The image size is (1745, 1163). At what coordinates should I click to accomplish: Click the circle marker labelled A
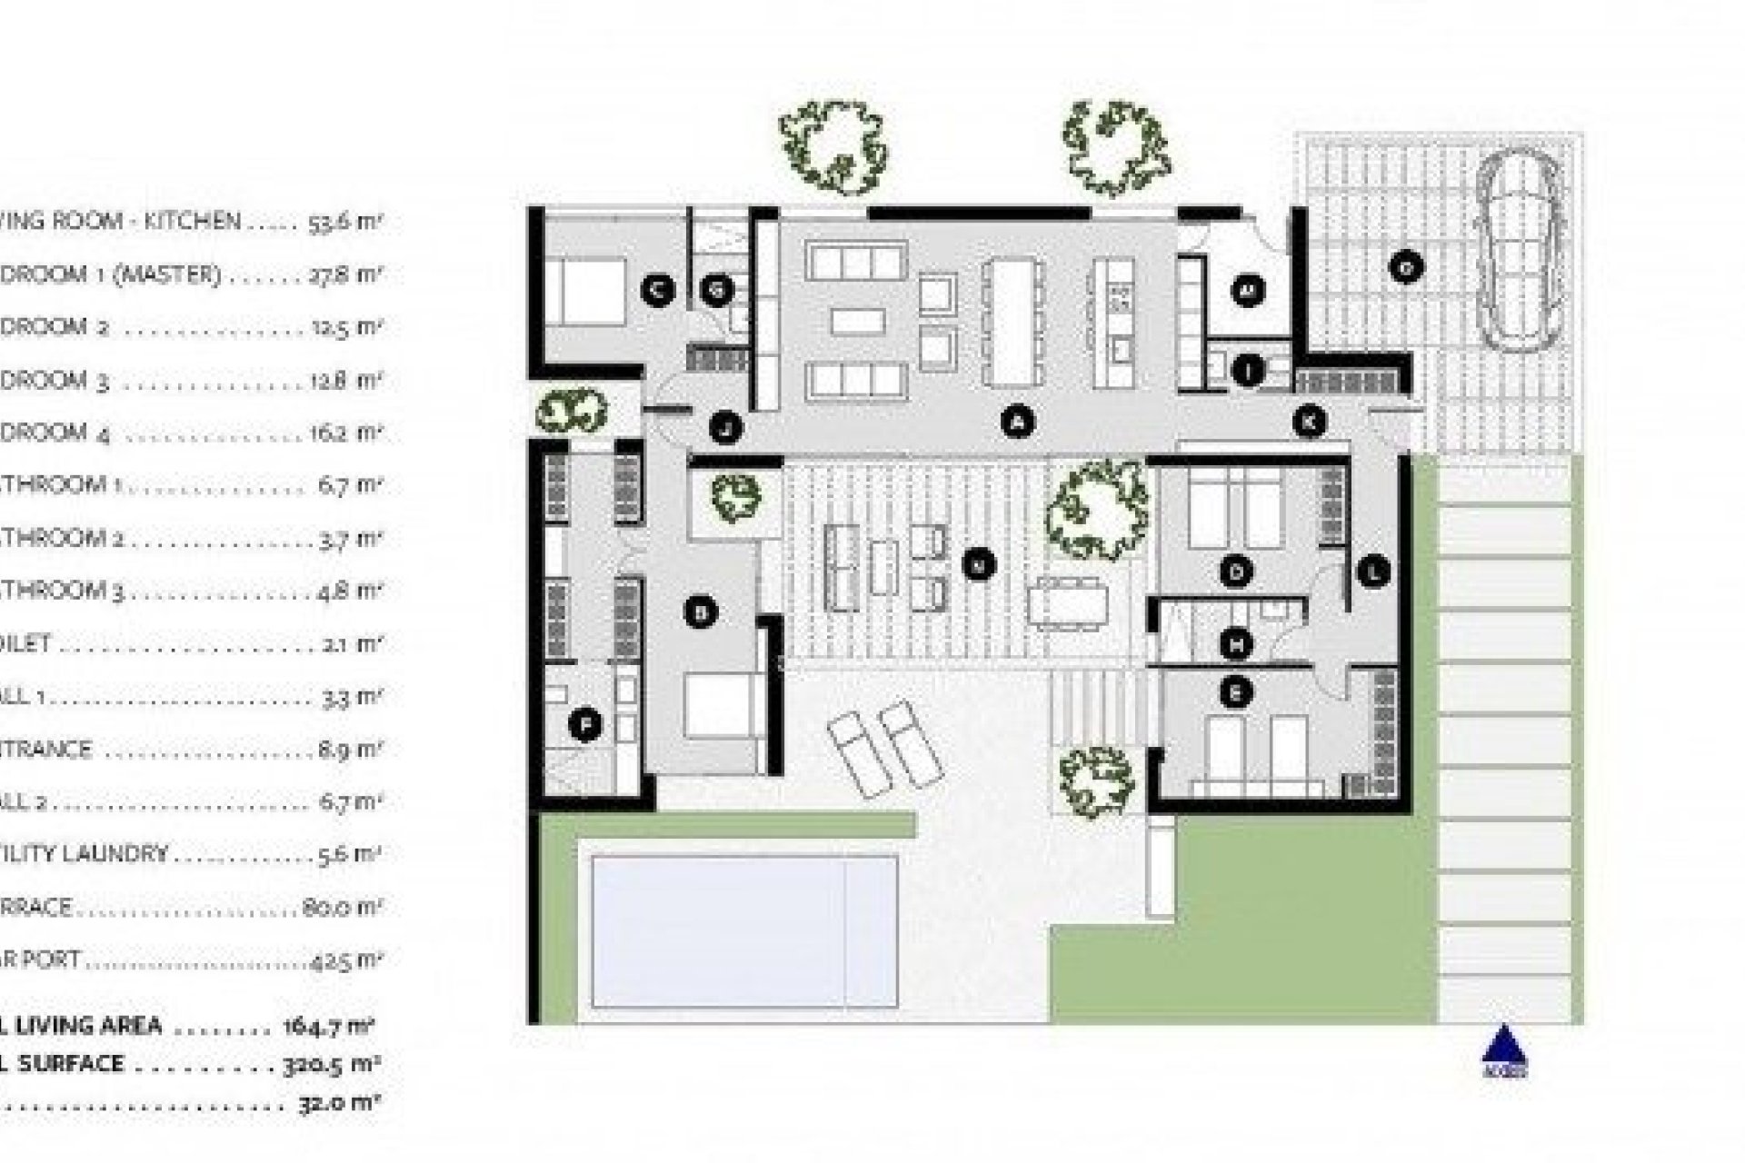pos(1018,421)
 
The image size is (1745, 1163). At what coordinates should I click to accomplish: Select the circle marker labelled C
pos(656,290)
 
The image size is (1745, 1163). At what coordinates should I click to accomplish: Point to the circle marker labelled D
pos(1236,572)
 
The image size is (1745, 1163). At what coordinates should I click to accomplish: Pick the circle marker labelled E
pos(1236,693)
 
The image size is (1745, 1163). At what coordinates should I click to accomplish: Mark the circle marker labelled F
pos(585,724)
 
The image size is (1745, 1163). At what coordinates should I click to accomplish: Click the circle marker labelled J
pos(725,426)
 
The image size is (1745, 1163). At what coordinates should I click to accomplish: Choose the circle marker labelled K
pos(1310,421)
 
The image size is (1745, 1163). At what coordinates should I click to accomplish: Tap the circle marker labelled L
pos(1373,572)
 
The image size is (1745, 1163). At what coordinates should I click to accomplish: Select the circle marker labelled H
pos(1236,644)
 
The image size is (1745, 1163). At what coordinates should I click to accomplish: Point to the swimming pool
pos(744,931)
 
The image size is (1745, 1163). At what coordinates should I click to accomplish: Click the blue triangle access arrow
pos(1504,1045)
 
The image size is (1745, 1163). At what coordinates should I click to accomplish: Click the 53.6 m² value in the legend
pos(342,221)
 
